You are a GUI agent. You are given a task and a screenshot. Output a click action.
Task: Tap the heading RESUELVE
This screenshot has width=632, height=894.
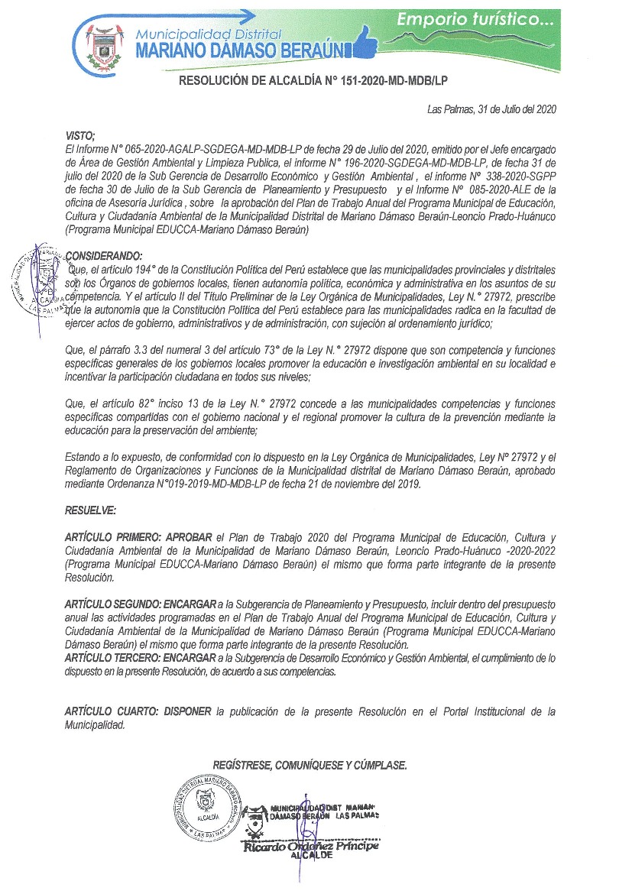click(x=90, y=509)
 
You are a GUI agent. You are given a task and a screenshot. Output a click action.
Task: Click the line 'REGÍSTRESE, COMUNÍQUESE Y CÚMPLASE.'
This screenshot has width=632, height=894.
click(x=310, y=765)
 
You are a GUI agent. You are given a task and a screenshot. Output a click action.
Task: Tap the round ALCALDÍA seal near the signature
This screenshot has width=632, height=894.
click(x=206, y=805)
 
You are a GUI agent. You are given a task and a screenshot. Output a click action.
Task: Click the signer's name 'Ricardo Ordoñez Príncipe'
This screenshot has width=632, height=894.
click(x=310, y=846)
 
